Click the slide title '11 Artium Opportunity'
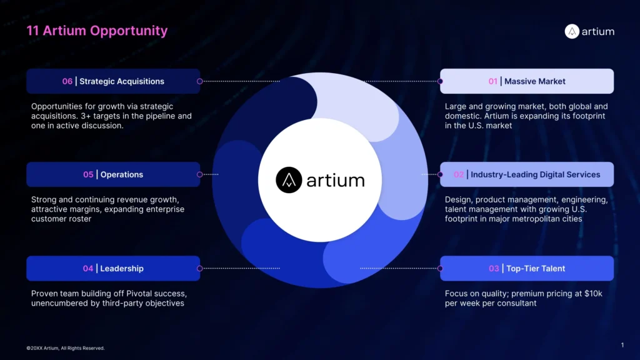[x=97, y=31]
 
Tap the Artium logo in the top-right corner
[x=589, y=31]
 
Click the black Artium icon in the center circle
[x=289, y=180]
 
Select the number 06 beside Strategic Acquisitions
[x=67, y=81]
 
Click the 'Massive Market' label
[x=534, y=81]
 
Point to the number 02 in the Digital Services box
[x=459, y=175]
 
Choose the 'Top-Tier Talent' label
[x=535, y=269]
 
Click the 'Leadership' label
[x=122, y=269]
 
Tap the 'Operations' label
[x=122, y=175]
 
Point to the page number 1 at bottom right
[x=622, y=345]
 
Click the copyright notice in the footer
[x=66, y=348]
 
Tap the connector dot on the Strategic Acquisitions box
[x=199, y=81]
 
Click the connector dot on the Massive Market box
[x=441, y=81]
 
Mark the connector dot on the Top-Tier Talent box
[x=441, y=269]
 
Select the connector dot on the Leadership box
[x=199, y=269]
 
